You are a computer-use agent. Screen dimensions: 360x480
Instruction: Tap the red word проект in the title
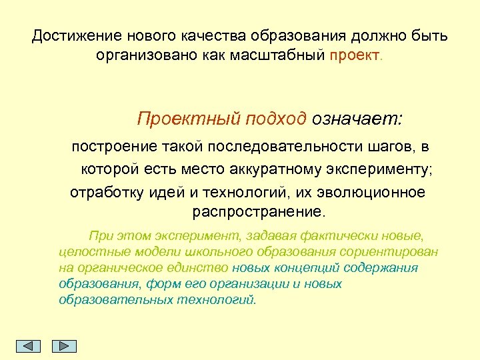tap(354, 55)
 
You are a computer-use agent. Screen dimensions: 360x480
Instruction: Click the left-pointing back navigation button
tap(28, 346)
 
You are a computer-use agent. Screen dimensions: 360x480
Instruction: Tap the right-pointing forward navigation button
tap(65, 346)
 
